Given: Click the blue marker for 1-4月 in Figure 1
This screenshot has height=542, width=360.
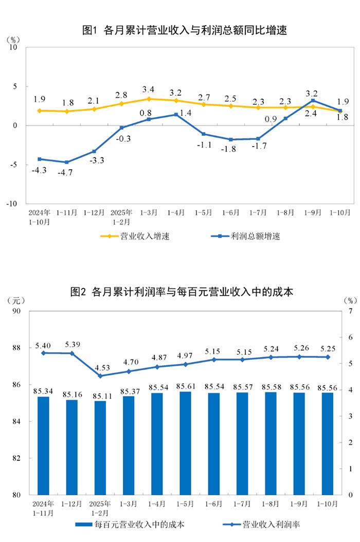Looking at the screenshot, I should click(x=176, y=115).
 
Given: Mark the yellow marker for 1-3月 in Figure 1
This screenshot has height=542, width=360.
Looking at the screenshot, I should click(x=149, y=99).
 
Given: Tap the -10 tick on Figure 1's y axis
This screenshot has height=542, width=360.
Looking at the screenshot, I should click(x=13, y=204).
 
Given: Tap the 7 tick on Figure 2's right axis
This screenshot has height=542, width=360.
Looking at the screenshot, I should click(x=350, y=311).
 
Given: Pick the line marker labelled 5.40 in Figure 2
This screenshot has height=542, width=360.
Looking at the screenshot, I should click(x=43, y=353).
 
